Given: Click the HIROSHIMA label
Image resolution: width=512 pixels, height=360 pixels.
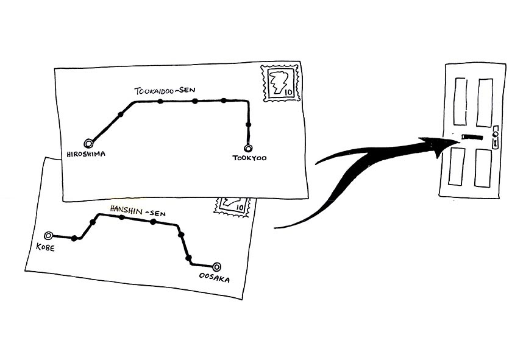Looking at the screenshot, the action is click(x=85, y=155).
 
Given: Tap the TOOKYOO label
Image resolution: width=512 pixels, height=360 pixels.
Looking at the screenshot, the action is click(x=250, y=159).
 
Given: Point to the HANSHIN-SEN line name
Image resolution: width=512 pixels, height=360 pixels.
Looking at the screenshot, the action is click(x=138, y=209).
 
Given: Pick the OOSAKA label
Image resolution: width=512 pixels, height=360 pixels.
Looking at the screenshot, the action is click(x=215, y=278).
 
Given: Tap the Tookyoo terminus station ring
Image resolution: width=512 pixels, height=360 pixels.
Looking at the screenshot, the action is click(x=248, y=148).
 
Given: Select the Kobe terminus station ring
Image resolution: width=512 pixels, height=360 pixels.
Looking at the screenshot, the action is click(x=49, y=235).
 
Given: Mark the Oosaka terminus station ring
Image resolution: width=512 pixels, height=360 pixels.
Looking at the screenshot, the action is click(x=216, y=266).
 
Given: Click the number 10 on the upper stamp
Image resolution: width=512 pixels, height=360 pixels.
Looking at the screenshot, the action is click(x=288, y=93).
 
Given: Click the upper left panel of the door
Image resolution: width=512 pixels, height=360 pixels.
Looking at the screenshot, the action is click(x=460, y=101).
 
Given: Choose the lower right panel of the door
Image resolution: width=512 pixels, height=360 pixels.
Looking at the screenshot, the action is click(x=484, y=169).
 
